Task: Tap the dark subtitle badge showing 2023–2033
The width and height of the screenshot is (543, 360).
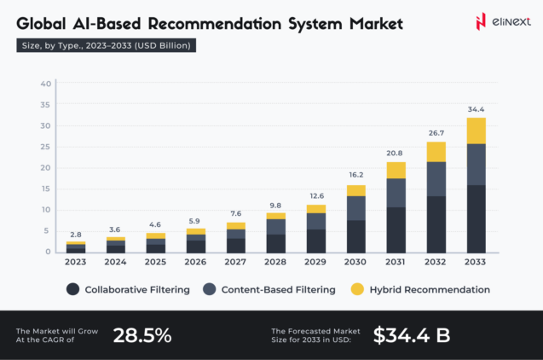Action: point(107,45)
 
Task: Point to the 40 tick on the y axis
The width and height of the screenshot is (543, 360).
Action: point(46,84)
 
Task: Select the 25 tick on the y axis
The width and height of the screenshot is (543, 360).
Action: point(46,147)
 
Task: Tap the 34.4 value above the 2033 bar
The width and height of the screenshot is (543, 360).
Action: point(476,109)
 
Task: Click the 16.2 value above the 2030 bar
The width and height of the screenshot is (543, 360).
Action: point(355,174)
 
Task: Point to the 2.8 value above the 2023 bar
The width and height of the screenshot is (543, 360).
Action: point(76,233)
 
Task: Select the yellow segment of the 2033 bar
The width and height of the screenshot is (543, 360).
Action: point(476,131)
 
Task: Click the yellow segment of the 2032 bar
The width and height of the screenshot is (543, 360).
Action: point(436,152)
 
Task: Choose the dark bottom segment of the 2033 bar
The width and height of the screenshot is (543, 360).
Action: point(476,218)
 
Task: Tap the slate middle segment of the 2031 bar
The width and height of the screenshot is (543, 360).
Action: point(396,193)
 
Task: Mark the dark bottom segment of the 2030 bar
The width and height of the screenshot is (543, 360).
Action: point(355,236)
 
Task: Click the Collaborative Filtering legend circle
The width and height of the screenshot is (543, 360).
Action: point(73,290)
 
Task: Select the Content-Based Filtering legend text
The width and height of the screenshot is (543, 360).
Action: point(278,290)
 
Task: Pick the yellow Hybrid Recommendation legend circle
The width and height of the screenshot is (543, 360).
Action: point(357,290)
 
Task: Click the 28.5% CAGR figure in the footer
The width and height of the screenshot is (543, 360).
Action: point(142,335)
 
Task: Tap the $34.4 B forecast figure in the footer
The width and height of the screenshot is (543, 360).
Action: point(412,335)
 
